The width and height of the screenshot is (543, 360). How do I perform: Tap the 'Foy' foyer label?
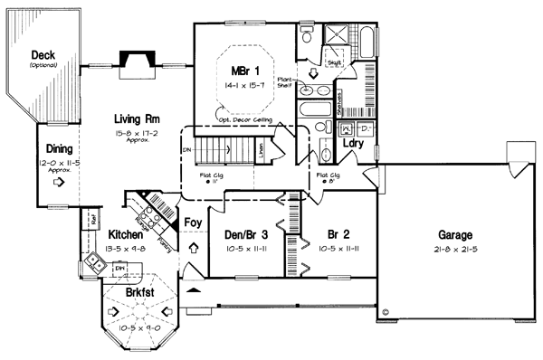(193, 221)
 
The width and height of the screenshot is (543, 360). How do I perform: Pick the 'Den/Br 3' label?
(243, 234)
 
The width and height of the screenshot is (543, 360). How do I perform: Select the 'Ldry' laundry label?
(352, 143)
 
